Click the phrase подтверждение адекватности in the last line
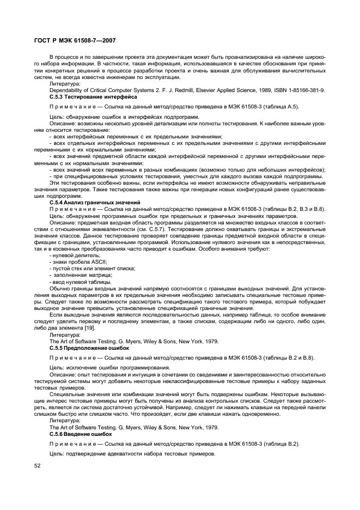tap(106, 454)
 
